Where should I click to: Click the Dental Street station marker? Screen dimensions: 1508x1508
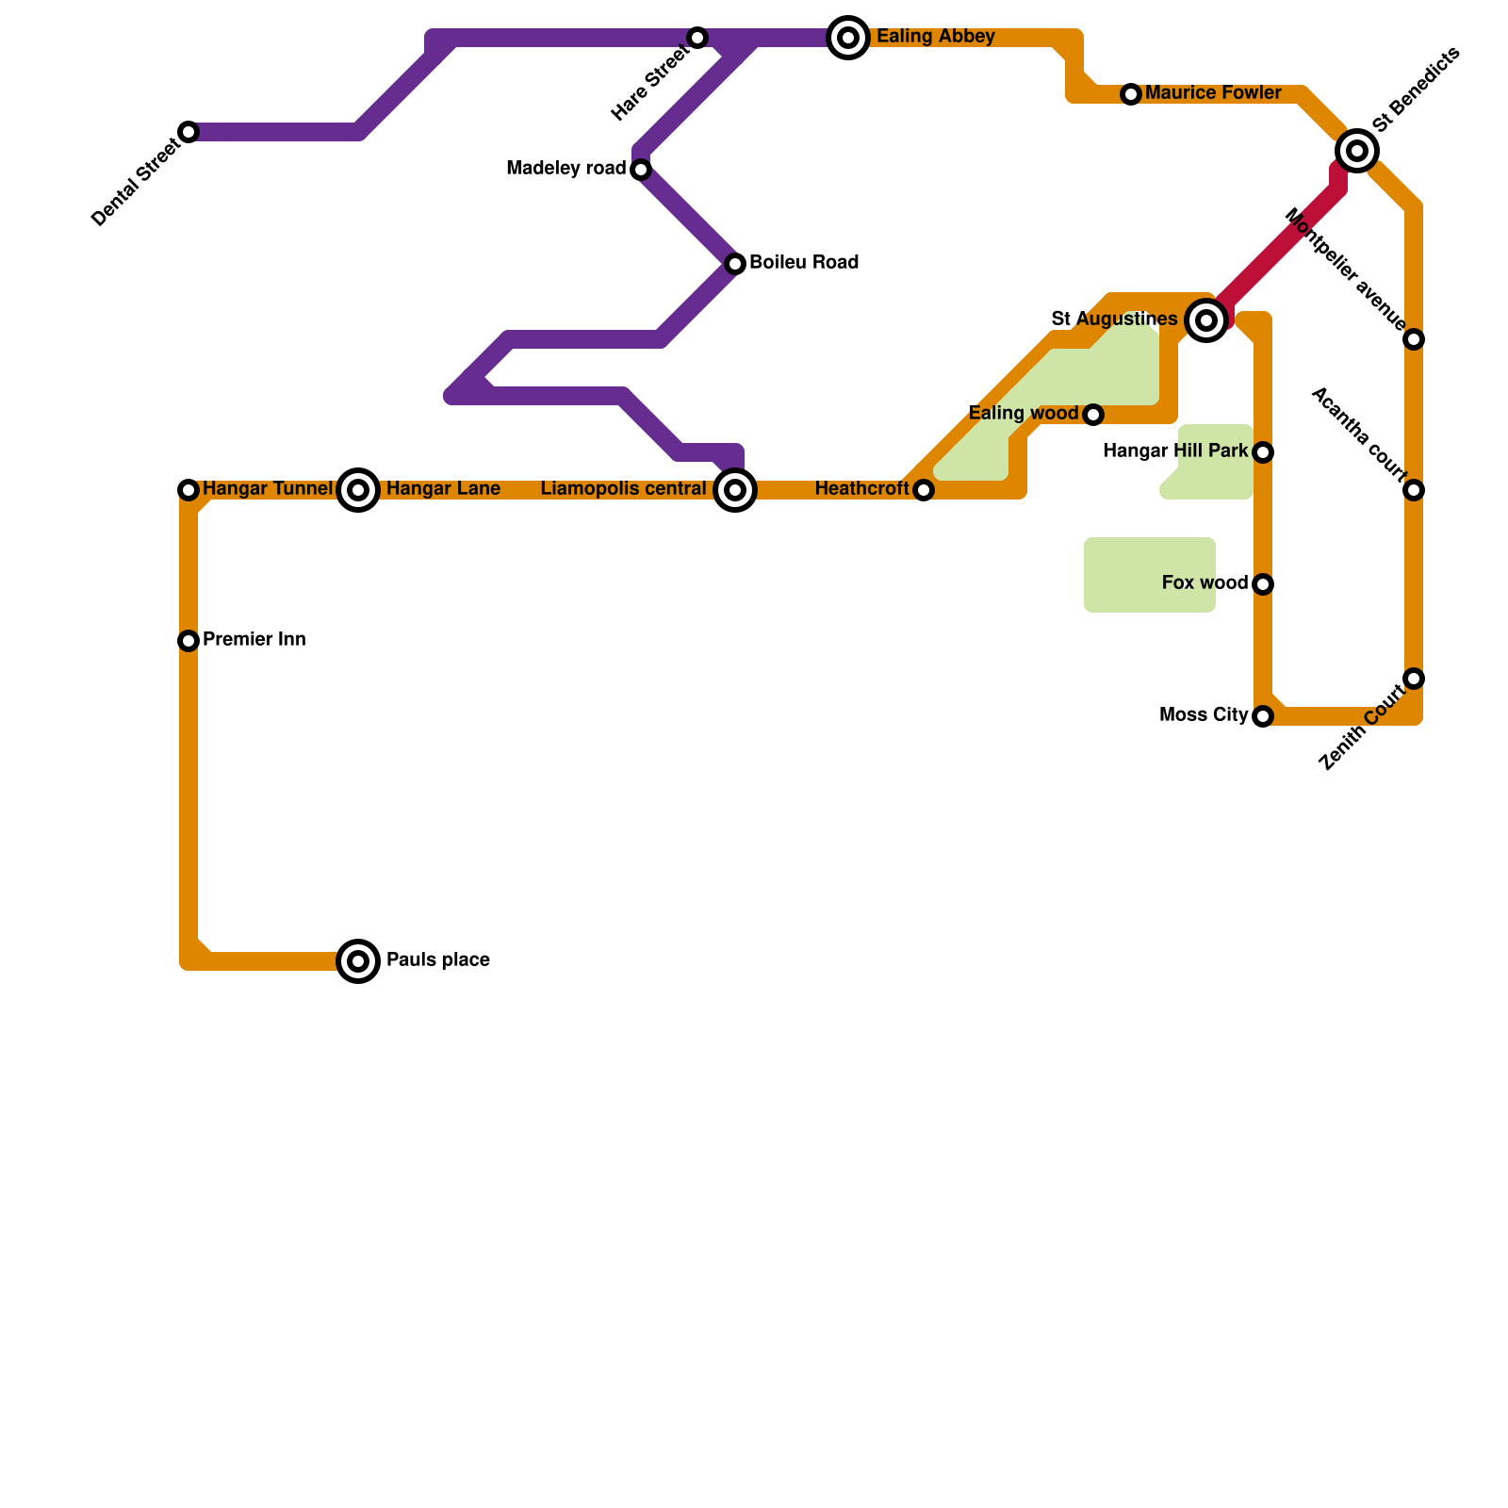point(188,132)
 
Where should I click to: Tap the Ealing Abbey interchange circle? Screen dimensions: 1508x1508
point(848,38)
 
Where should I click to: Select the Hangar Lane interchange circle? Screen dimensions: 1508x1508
point(358,490)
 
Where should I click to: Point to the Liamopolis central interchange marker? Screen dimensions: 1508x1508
point(735,490)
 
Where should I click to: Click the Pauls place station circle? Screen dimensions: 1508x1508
point(358,961)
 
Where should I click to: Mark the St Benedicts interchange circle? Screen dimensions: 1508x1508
point(1357,151)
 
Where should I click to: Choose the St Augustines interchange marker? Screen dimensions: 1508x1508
point(1206,320)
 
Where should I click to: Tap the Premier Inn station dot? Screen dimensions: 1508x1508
point(188,641)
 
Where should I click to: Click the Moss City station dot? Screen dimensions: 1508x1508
point(1263,716)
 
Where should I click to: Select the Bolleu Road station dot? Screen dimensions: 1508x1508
point(735,264)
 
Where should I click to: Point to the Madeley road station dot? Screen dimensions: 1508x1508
point(641,170)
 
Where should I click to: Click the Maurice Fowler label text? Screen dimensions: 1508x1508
point(1213,93)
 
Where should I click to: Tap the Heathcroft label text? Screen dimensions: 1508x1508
point(861,489)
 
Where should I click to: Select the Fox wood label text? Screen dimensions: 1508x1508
point(1205,583)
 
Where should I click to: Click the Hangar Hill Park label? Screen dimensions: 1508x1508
point(1175,451)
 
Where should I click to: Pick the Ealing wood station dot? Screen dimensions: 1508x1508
point(1093,415)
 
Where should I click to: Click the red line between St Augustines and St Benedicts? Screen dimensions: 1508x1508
point(1282,245)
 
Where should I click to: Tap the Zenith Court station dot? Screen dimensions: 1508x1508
point(1414,679)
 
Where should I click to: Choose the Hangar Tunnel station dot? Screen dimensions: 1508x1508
point(188,490)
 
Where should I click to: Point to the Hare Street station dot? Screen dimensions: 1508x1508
point(697,38)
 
